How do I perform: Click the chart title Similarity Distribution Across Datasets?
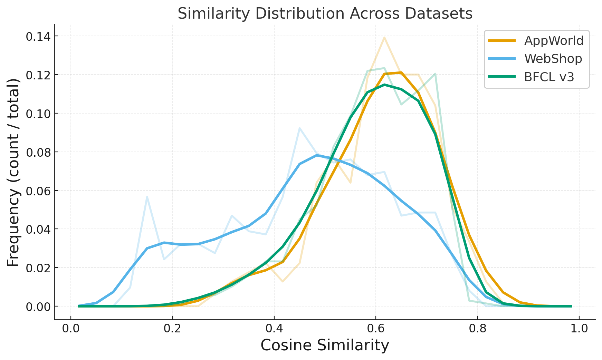pos(325,14)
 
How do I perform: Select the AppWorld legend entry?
pos(554,41)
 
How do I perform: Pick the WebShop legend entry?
pos(553,59)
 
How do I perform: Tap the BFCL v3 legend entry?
pos(549,77)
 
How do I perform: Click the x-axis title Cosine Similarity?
pos(325,346)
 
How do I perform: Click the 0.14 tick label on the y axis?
pos(37,36)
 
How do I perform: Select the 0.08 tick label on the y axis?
pos(37,152)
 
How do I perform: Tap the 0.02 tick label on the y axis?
pos(37,268)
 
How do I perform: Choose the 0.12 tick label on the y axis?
pos(37,75)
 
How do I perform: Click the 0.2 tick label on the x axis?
pos(172,329)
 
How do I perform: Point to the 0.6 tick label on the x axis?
pos(376,329)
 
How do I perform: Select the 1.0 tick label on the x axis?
pos(579,329)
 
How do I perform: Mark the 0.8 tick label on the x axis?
pos(477,329)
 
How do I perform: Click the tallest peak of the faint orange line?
pos(384,37)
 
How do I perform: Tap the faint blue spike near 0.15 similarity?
pos(147,197)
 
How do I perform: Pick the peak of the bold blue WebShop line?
pos(316,155)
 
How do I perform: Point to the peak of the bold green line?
pos(384,85)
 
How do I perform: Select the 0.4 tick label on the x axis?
pos(274,329)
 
